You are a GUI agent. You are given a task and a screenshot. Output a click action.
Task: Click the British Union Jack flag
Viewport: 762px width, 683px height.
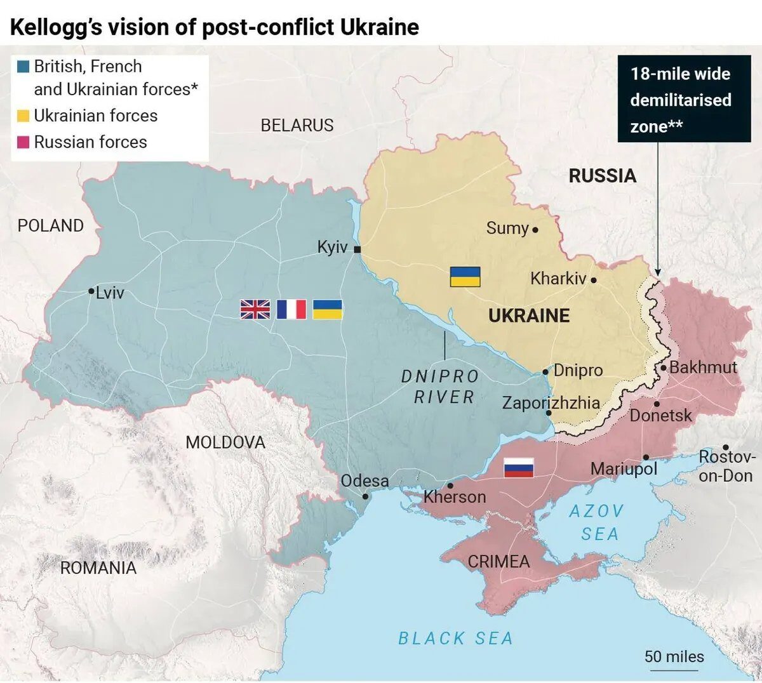(x=255, y=309)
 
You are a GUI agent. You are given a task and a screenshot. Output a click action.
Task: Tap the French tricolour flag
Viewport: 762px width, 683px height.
(x=291, y=309)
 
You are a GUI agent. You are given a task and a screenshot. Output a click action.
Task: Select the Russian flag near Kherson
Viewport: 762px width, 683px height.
(x=518, y=468)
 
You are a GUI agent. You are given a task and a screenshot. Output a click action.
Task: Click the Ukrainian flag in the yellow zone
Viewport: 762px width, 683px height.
(x=465, y=277)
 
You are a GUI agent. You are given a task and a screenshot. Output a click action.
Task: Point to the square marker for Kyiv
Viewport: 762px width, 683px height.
(x=358, y=249)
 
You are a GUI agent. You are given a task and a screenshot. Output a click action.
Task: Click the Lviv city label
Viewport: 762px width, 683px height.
(x=110, y=293)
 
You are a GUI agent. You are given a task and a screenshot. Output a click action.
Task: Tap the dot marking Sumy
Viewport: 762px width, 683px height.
(x=535, y=230)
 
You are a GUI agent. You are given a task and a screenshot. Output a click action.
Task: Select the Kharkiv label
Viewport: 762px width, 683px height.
(x=558, y=278)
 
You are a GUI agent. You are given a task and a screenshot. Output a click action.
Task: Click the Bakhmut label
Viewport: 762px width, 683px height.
(x=703, y=367)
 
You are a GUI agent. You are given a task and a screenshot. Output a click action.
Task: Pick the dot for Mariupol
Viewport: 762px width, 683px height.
(x=646, y=457)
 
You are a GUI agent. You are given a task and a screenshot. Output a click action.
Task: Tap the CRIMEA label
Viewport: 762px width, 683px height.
(x=498, y=561)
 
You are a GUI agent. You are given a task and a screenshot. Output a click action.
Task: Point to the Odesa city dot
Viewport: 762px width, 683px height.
(x=365, y=496)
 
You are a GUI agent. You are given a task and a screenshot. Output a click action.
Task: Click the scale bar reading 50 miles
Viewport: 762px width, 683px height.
(x=674, y=658)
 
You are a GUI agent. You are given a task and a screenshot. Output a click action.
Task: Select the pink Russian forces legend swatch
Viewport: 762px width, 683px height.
(x=23, y=142)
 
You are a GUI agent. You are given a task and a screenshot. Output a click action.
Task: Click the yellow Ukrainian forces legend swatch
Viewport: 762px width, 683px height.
(x=23, y=116)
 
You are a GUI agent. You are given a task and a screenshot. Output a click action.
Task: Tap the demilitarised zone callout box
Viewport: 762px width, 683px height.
(x=679, y=100)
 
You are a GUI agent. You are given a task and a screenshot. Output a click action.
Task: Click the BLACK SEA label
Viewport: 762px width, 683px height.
(x=455, y=638)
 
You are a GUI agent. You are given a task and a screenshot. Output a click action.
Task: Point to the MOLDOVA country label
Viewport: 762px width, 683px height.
(x=225, y=442)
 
